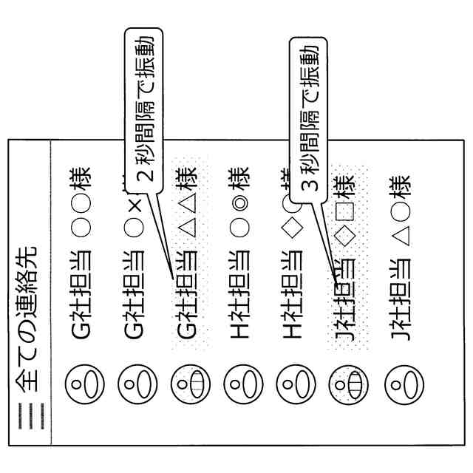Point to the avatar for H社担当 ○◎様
click(239, 384)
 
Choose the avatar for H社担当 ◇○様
click(293, 384)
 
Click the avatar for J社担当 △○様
click(399, 384)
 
